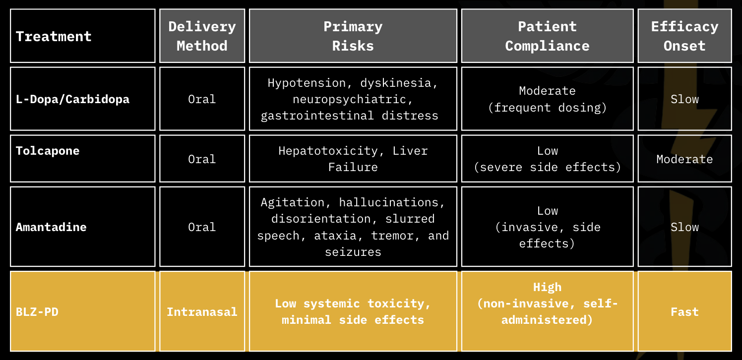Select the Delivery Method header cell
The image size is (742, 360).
202,36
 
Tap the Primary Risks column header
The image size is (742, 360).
353,36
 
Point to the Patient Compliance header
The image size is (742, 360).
547,36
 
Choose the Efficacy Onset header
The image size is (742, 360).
684,36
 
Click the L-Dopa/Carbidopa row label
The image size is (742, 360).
72,99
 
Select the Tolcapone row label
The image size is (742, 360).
48,151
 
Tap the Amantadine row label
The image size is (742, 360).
51,227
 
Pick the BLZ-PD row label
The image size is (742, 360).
37,311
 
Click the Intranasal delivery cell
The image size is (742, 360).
202,311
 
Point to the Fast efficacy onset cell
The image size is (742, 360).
684,311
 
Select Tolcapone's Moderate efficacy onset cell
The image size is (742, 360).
684,159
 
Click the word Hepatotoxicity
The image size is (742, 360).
328,151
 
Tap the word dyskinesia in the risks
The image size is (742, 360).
396,83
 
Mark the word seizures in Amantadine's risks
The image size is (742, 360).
353,252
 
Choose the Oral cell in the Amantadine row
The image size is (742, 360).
202,227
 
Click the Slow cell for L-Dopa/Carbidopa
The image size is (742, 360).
684,99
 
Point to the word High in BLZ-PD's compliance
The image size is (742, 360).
547,287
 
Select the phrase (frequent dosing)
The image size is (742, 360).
547,108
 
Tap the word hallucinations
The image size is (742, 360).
389,202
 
